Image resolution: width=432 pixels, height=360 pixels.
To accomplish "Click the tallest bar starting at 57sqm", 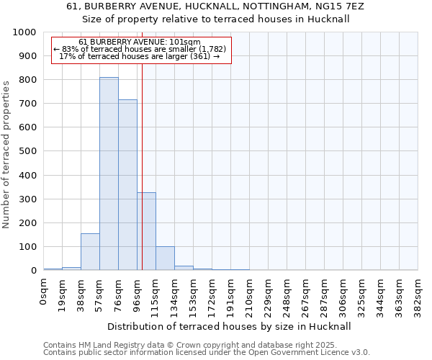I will (x=109, y=174).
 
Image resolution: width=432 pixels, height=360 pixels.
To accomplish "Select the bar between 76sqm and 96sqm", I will (x=127, y=185).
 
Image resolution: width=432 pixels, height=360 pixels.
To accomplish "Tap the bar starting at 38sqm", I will (x=90, y=252).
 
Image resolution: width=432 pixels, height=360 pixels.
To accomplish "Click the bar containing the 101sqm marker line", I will (x=146, y=231).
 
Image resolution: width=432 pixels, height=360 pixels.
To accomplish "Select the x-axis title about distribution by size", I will (x=230, y=326).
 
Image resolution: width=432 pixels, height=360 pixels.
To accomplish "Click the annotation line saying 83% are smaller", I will (x=140, y=49).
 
